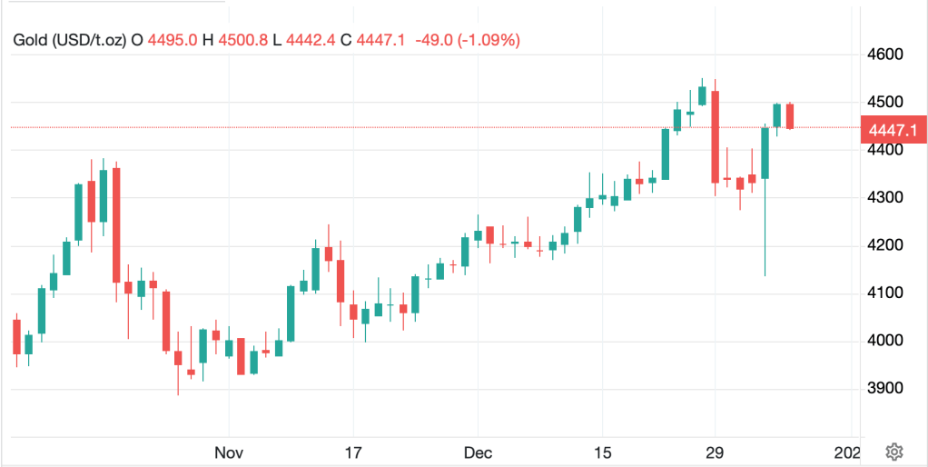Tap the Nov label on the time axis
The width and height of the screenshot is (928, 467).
[229, 452]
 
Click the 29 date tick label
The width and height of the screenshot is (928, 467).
[715, 452]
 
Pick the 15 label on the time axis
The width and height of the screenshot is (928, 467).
[602, 452]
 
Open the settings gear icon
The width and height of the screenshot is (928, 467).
[894, 452]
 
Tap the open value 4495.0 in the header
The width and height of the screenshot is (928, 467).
[173, 40]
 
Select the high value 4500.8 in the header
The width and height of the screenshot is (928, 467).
[245, 40]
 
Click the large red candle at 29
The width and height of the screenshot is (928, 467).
[716, 136]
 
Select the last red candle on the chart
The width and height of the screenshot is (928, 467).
[790, 116]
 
